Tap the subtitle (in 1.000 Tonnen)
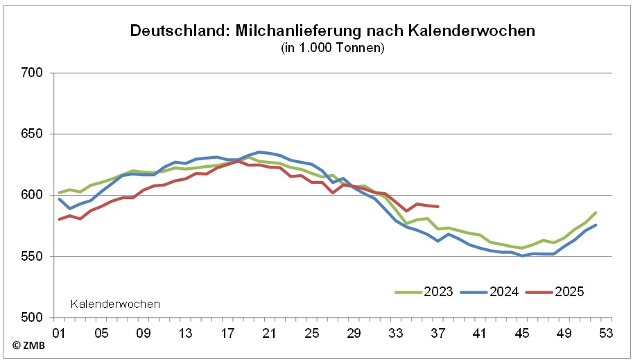(x=333, y=48)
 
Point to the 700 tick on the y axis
(x=33, y=73)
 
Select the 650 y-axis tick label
(x=33, y=134)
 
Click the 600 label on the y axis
(x=33, y=195)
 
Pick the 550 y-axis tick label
(x=33, y=256)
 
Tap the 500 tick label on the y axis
(x=33, y=317)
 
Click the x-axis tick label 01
(x=59, y=333)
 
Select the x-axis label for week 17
(x=227, y=333)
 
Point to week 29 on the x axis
(x=354, y=333)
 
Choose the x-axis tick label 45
(x=522, y=333)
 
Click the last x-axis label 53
(x=606, y=333)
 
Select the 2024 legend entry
(x=504, y=292)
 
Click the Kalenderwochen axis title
(x=116, y=304)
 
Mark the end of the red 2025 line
(x=438, y=206)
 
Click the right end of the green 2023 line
(x=596, y=212)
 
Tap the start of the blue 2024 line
(x=60, y=199)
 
